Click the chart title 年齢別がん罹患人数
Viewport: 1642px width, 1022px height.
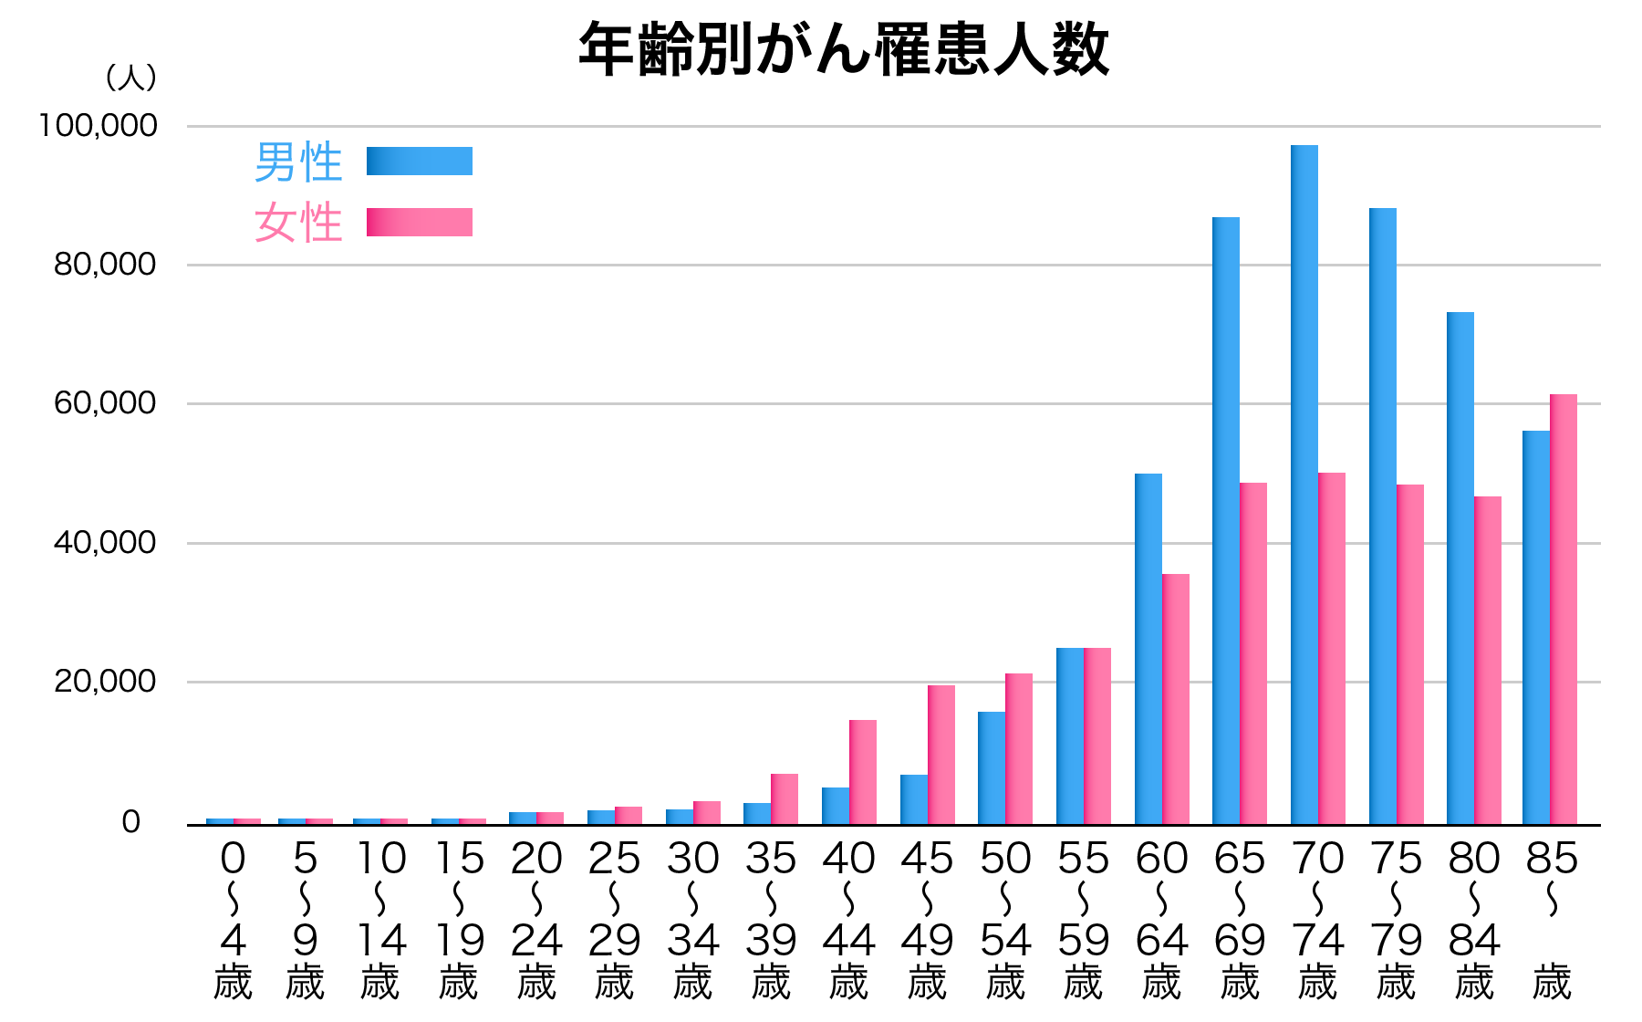(844, 49)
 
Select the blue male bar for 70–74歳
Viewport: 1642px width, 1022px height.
(1304, 484)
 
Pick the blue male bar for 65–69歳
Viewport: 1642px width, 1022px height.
(1226, 520)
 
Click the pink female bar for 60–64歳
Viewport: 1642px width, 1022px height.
(1176, 699)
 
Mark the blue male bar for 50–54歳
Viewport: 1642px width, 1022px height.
(992, 767)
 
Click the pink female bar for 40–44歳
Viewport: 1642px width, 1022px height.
(863, 772)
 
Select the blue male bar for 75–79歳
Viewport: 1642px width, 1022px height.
(1383, 516)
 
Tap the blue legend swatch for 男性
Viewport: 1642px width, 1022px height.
(420, 161)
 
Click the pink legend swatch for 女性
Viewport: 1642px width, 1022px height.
(420, 222)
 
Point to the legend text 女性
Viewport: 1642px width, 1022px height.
(298, 223)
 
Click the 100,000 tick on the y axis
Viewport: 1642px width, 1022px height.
(99, 126)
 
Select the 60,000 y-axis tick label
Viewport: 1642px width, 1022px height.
(106, 403)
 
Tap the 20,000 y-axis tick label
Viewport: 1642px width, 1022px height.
(106, 682)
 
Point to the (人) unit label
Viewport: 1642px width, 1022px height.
(131, 78)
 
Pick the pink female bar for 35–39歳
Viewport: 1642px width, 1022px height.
(785, 798)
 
